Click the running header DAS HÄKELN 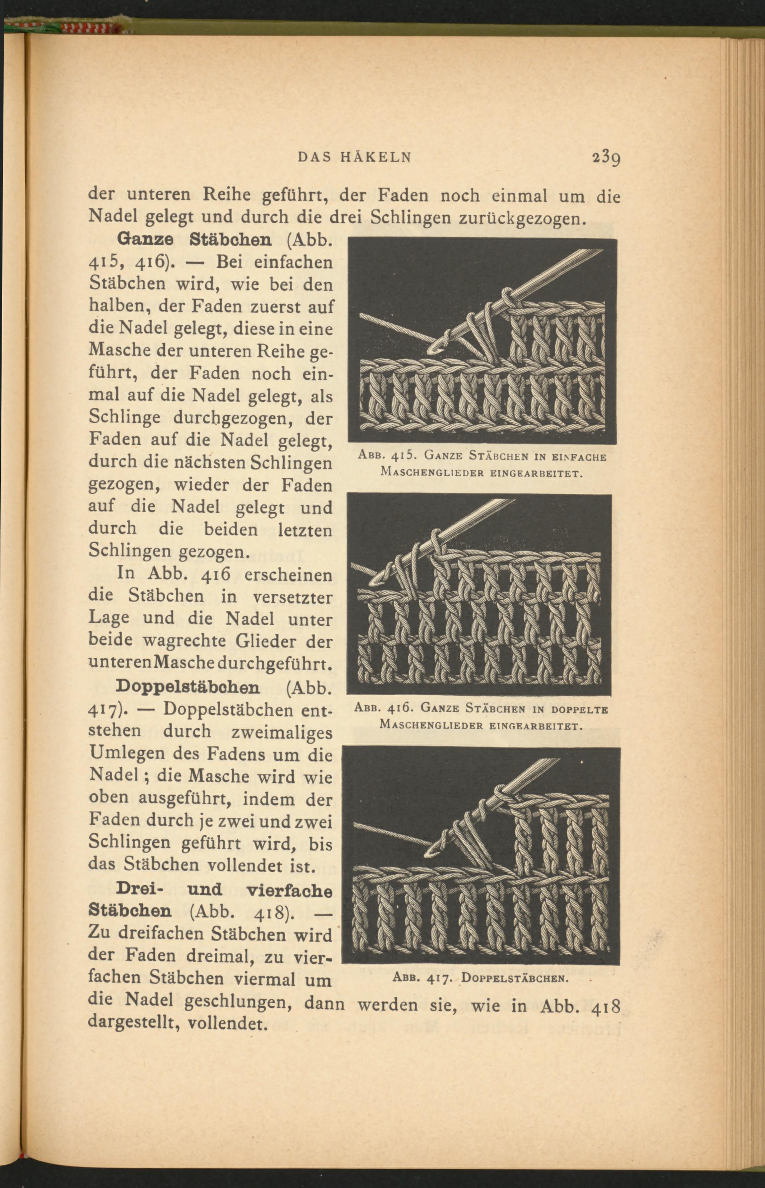[355, 158]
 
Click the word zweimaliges [282, 732]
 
